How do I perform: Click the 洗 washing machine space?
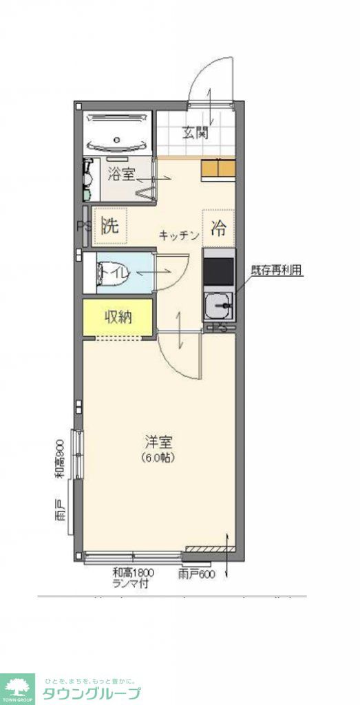pyautogui.click(x=110, y=227)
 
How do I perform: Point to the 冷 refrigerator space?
pyautogui.click(x=218, y=227)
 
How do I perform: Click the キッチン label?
pyautogui.click(x=179, y=235)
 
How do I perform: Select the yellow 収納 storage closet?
pyautogui.click(x=118, y=317)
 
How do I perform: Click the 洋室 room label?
pyautogui.click(x=158, y=442)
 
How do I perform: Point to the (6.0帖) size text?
pyautogui.click(x=158, y=457)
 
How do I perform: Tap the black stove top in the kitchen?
pyautogui.click(x=218, y=270)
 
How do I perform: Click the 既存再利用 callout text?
pyautogui.click(x=276, y=271)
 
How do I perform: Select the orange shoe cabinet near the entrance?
pyautogui.click(x=218, y=169)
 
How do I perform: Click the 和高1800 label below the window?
pyautogui.click(x=133, y=572)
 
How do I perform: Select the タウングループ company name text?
pyautogui.click(x=91, y=694)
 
